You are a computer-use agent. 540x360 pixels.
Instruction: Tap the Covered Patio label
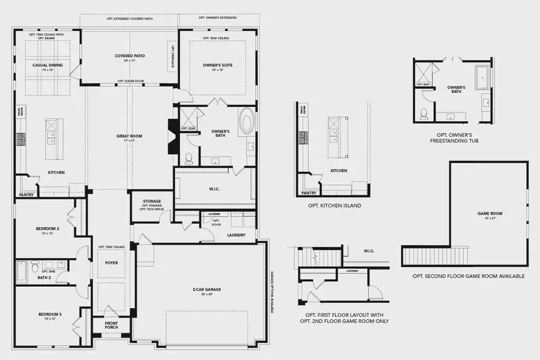tap(130, 56)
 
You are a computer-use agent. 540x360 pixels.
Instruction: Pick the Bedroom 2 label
tap(43, 228)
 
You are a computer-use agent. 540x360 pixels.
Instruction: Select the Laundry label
tap(236, 235)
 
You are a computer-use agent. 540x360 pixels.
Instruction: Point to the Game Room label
tap(490, 214)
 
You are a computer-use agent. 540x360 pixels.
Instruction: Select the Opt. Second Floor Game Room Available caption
tap(469, 276)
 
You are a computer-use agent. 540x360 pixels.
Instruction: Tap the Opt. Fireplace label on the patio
tap(174, 56)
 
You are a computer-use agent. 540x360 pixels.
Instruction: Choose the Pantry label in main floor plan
tap(26, 194)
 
